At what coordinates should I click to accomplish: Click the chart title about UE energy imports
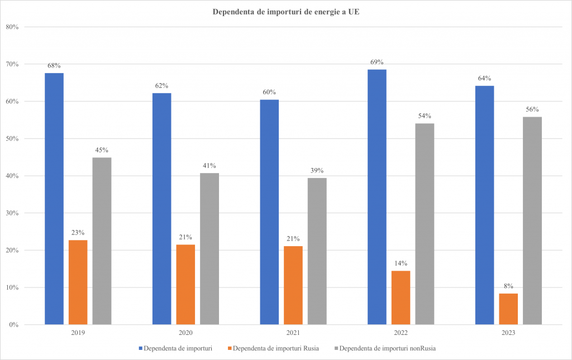coord(286,12)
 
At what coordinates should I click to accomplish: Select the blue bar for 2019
coord(54,198)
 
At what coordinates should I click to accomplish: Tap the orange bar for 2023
coord(508,309)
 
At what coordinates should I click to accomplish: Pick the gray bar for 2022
coord(425,224)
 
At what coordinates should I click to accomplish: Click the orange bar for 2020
coord(185,284)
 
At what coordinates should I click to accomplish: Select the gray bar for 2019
coord(102,241)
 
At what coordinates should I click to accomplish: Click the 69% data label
coord(377,62)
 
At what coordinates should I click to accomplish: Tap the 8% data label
coord(508,286)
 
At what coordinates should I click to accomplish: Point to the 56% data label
coord(532,109)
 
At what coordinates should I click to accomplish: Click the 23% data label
coord(78,232)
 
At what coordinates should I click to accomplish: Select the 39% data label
coord(317,170)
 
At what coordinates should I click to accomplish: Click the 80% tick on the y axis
coord(12,27)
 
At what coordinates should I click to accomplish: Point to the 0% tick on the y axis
coord(14,325)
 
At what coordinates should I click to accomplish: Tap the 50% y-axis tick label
coord(12,138)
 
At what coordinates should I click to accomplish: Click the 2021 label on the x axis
coord(293,333)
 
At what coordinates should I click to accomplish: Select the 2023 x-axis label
coord(508,333)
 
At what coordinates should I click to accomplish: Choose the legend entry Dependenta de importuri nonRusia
coord(387,349)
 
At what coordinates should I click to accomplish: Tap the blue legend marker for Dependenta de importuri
coord(140,349)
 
